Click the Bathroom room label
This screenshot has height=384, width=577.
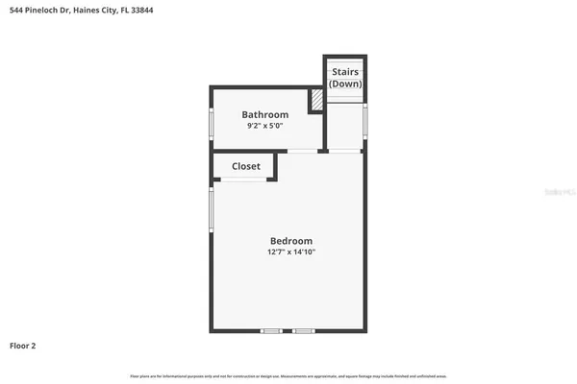pos(264,114)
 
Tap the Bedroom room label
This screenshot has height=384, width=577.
pos(290,240)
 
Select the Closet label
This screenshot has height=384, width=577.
pos(246,166)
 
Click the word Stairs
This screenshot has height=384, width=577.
pos(345,72)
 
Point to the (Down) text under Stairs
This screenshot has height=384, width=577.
pos(345,84)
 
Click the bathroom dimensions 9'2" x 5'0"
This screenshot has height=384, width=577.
pos(264,126)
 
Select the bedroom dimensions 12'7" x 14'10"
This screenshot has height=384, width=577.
pos(291,252)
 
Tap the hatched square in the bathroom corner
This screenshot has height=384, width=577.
pos(315,100)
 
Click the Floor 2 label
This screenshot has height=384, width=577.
pos(23,345)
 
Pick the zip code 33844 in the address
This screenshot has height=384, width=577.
pos(139,10)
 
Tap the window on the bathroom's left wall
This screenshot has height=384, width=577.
pos(212,122)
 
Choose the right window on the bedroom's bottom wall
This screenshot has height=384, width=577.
pos(304,331)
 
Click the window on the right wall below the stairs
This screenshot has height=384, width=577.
pos(365,119)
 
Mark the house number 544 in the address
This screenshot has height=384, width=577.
pos(17,10)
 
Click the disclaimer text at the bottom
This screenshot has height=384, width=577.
pos(288,374)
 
